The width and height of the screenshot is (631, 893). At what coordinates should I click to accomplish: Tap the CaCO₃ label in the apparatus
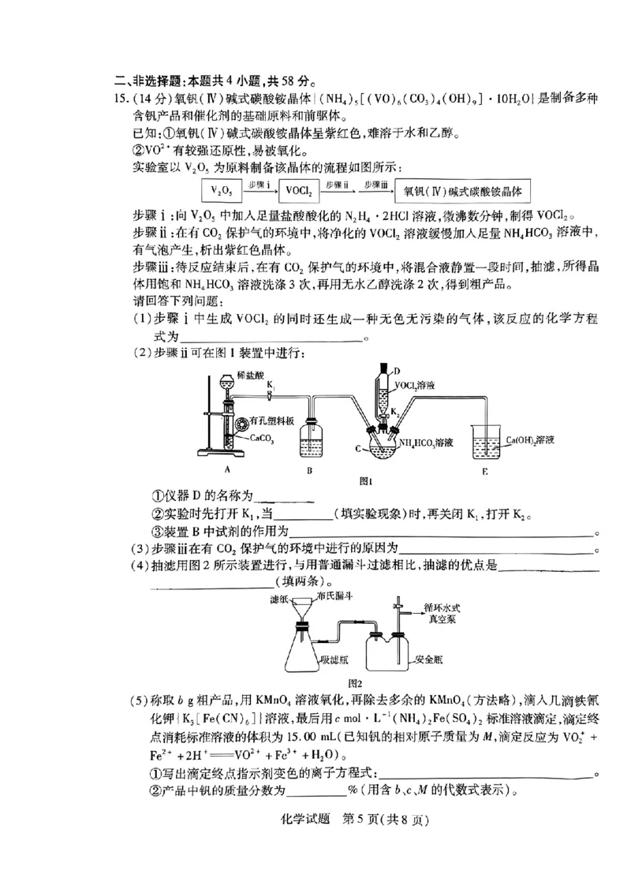click(x=262, y=436)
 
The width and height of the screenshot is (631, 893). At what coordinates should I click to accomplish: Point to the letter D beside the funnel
click(x=397, y=370)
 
